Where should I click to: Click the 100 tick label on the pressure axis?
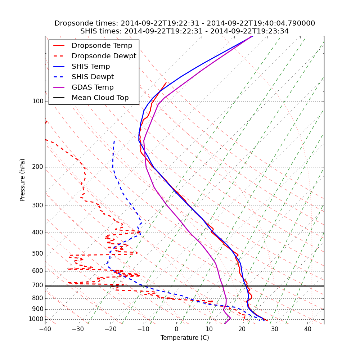click(x=38, y=102)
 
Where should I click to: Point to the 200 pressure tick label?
click(x=38, y=167)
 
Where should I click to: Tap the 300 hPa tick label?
click(x=38, y=206)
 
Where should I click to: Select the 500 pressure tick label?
click(x=38, y=254)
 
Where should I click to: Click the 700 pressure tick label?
click(x=38, y=285)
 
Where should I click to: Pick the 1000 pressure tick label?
click(x=36, y=319)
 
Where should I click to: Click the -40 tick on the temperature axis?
click(x=45, y=329)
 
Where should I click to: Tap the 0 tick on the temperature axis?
click(x=176, y=329)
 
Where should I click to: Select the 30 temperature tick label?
click(x=275, y=329)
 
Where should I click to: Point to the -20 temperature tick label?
click(x=111, y=329)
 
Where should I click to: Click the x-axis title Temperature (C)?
click(x=185, y=338)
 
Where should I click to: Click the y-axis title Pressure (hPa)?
click(x=23, y=180)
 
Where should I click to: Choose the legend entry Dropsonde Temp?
click(x=102, y=46)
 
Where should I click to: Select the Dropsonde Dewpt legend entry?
click(x=104, y=56)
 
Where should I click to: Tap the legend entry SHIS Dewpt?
click(x=93, y=77)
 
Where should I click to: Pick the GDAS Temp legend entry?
click(x=93, y=87)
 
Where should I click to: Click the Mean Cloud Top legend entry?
click(x=100, y=98)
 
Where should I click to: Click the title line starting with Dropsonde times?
click(x=185, y=23)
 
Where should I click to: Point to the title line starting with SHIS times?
click(x=185, y=31)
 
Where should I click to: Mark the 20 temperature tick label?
click(x=242, y=329)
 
